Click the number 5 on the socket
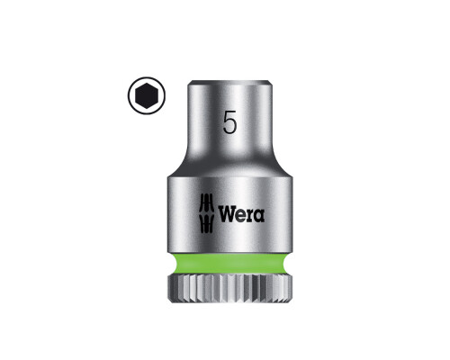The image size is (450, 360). (229, 121)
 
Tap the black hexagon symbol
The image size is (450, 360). (147, 95)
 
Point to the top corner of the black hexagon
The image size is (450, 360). (147, 83)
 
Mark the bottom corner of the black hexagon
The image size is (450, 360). (147, 108)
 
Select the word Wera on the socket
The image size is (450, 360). (241, 214)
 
